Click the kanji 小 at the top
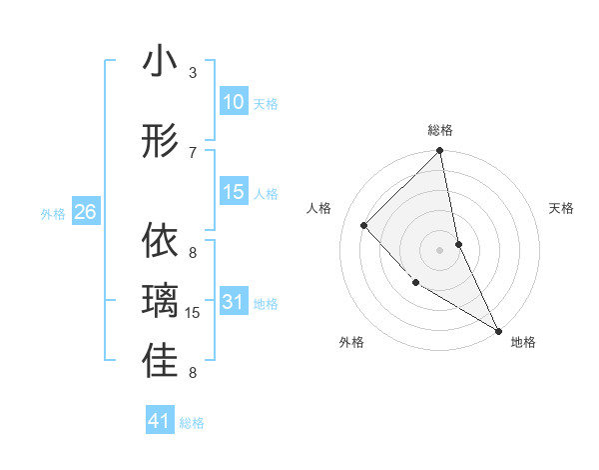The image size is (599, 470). [x=160, y=63]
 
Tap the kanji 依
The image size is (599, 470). [x=160, y=241]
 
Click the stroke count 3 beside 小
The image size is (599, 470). [x=193, y=73]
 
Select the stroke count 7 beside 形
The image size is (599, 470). [x=193, y=152]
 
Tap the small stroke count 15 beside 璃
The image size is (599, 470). [x=194, y=313]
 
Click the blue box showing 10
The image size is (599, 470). [x=233, y=102]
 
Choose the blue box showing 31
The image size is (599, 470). [x=233, y=302]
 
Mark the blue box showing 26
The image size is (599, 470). [x=85, y=212]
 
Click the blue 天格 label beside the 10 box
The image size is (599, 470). [x=266, y=104]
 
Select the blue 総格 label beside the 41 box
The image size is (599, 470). [x=192, y=423]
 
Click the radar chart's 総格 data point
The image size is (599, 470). [x=439, y=151]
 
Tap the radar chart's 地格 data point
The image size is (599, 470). [x=497, y=330]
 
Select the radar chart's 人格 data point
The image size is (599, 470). [x=364, y=225]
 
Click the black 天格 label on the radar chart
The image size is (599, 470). [x=562, y=208]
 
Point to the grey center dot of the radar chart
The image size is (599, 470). [x=439, y=250]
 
